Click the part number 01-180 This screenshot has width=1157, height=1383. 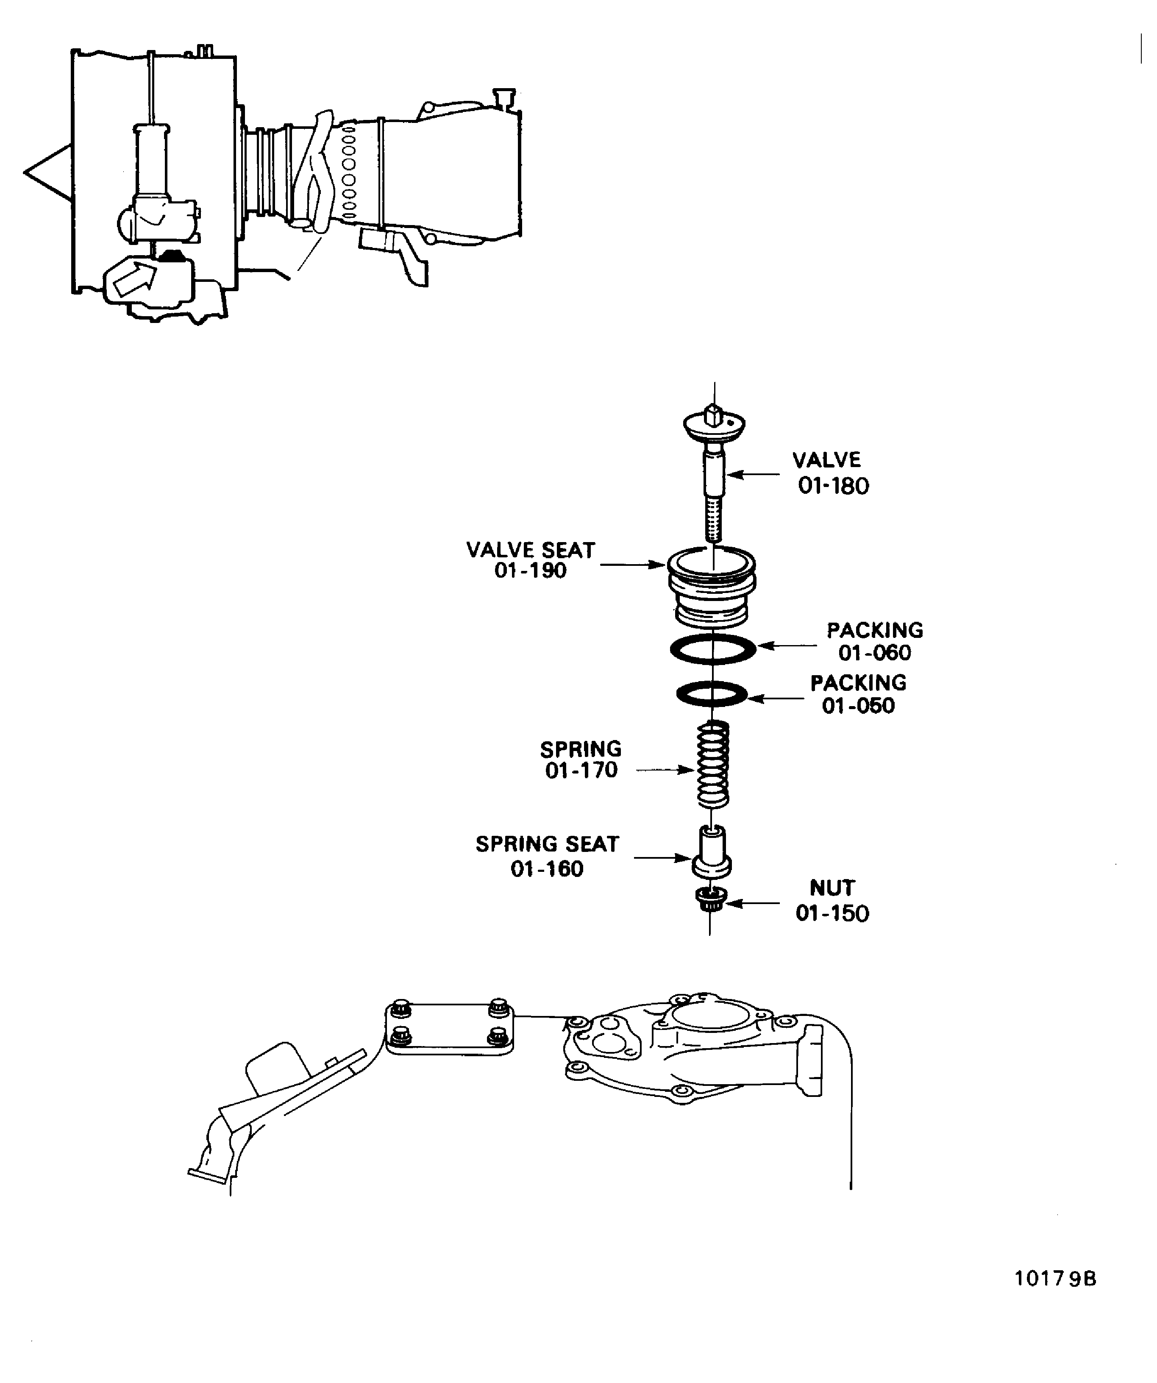point(833,486)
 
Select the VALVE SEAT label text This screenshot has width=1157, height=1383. point(531,550)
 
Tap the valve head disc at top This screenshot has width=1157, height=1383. point(715,424)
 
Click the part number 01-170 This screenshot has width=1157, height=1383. point(581,771)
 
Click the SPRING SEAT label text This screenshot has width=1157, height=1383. point(547,844)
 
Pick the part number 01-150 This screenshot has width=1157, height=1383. point(832,913)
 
